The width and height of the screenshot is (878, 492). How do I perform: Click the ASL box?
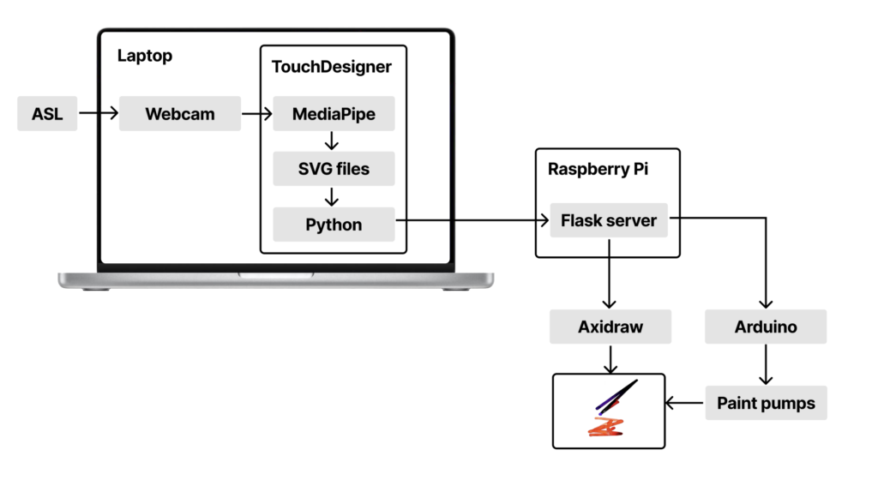point(47,114)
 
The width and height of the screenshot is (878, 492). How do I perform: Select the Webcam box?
point(179,114)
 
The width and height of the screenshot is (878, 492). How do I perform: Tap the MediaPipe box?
point(334,114)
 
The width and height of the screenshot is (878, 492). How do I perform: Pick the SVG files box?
point(334,169)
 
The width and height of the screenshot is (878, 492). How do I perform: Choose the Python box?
point(334,225)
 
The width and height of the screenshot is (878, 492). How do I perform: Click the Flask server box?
point(608,220)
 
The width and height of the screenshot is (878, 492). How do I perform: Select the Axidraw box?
point(610,327)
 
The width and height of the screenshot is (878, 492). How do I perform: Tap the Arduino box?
point(766,327)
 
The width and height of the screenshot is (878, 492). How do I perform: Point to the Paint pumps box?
point(766,402)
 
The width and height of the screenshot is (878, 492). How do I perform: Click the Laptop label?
point(145,57)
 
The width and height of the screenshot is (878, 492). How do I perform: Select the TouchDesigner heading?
point(333,66)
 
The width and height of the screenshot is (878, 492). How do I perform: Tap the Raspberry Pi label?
point(598,169)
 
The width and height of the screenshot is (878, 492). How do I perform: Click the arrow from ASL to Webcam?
point(98,113)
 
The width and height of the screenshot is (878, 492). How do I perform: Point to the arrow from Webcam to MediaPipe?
point(256,113)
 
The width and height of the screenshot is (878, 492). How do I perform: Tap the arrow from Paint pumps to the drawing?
point(685,402)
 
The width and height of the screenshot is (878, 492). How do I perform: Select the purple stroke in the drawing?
point(616,394)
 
